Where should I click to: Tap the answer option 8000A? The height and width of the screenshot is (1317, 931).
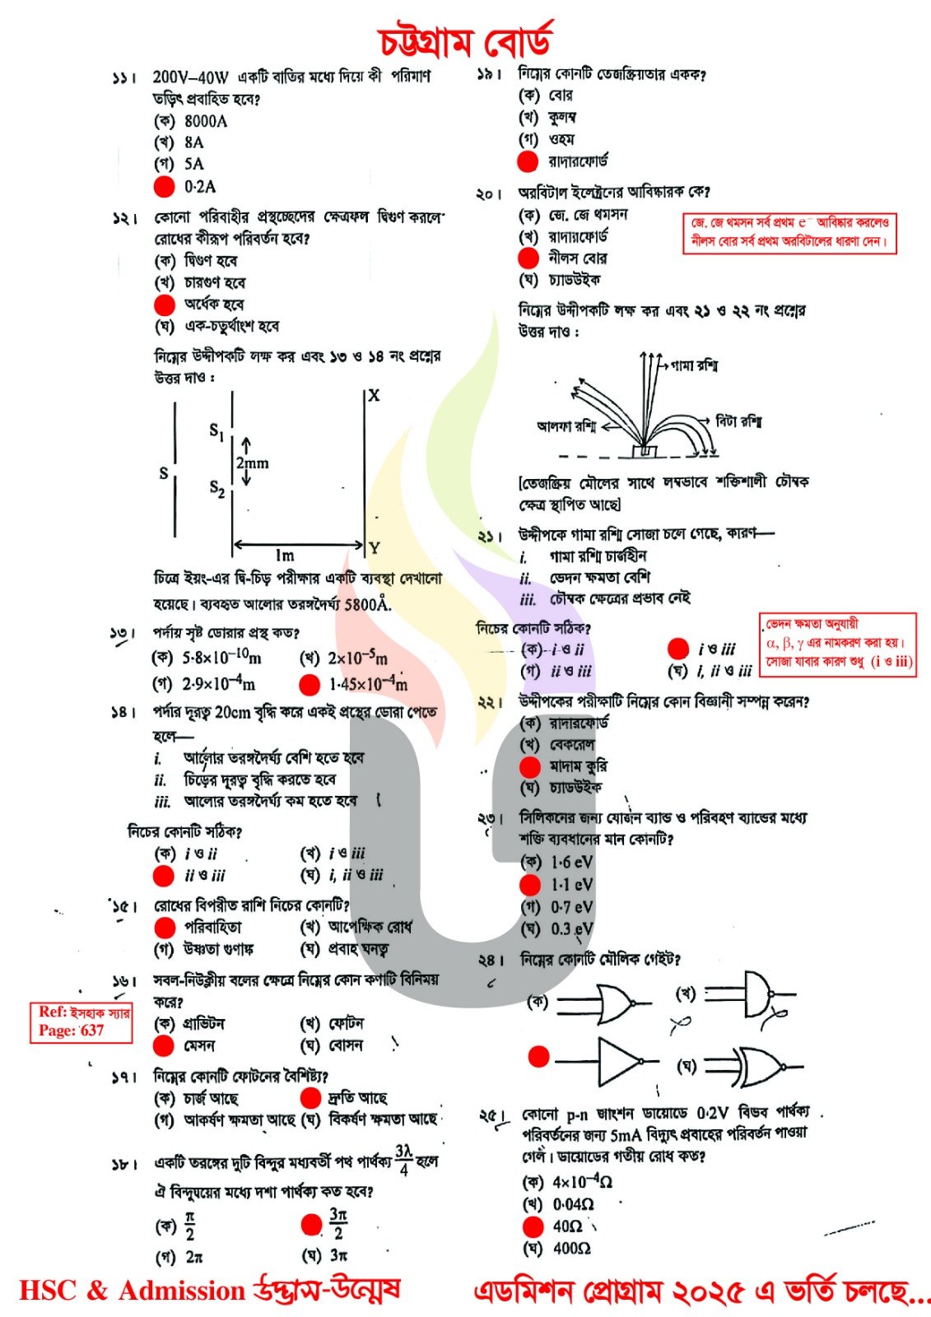click(x=206, y=121)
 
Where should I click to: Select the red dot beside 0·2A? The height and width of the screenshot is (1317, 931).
click(x=165, y=187)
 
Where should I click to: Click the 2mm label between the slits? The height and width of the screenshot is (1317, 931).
click(x=252, y=463)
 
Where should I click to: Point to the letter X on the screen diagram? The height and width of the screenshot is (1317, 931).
click(x=374, y=395)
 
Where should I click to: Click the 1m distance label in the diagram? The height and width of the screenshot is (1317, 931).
click(x=285, y=556)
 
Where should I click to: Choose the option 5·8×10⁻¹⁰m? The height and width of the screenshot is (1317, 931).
click(x=221, y=657)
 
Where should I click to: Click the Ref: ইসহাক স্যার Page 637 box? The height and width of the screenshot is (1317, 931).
click(x=81, y=1021)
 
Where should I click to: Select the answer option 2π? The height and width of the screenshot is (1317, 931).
click(x=194, y=1257)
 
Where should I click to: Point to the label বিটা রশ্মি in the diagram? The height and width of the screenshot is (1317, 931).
click(x=738, y=421)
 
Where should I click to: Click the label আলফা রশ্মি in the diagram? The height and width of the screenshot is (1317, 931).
click(x=566, y=426)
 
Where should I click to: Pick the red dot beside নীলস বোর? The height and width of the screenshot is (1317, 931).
click(x=528, y=258)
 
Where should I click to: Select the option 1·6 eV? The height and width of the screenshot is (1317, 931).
click(x=571, y=862)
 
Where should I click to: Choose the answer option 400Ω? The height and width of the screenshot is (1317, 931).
click(x=571, y=1249)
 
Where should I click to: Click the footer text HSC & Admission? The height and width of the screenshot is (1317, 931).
click(x=132, y=1291)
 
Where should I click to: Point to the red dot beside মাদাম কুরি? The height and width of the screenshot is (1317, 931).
click(x=529, y=767)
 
